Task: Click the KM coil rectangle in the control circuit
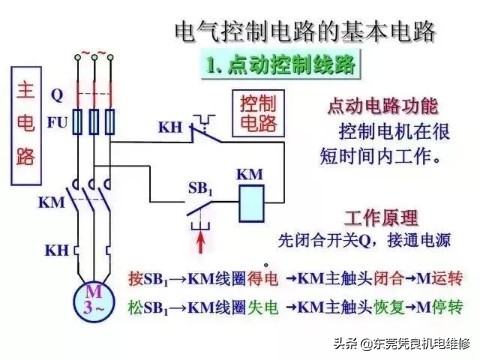252,203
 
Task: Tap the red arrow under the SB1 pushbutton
203,244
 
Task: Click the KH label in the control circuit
170,127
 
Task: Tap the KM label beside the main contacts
51,202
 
